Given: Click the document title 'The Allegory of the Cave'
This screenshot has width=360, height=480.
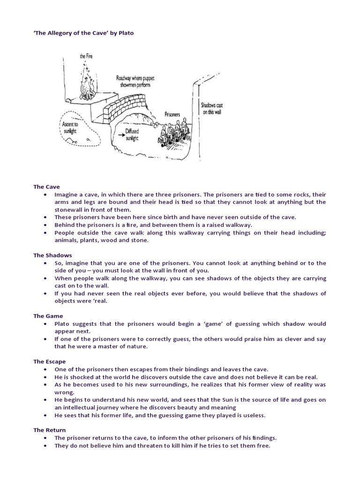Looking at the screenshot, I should click(x=70, y=34).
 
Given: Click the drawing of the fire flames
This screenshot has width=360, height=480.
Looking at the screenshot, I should click(x=86, y=84).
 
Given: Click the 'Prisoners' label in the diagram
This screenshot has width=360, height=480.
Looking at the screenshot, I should click(x=172, y=114).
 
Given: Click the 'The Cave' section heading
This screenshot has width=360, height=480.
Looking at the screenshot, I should click(x=46, y=187).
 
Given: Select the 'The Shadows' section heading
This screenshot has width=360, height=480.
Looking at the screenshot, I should click(x=52, y=255).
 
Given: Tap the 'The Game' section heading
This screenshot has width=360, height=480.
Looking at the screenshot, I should click(x=48, y=316).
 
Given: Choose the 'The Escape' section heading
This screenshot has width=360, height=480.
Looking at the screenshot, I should click(x=49, y=361).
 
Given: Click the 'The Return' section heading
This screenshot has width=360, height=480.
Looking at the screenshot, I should click(x=49, y=430).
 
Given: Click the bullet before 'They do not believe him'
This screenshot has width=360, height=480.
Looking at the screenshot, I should click(x=45, y=446).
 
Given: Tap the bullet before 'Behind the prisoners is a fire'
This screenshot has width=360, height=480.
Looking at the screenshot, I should click(x=45, y=225).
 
